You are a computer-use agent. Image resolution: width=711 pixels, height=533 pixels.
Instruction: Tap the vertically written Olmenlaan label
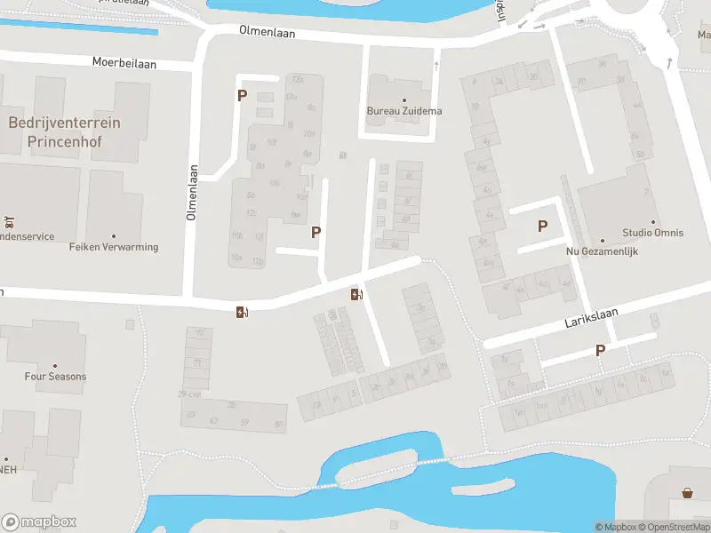pos(190,193)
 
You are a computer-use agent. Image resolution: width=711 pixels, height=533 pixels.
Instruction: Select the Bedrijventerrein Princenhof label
pos(64,131)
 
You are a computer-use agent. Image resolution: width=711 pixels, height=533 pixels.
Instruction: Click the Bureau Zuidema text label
pos(404,111)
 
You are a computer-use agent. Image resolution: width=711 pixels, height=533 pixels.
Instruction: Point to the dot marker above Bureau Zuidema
pos(404,100)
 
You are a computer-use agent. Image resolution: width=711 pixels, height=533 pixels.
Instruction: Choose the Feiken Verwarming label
pos(114,247)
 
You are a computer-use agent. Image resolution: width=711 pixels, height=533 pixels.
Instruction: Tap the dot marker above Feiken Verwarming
pos(114,236)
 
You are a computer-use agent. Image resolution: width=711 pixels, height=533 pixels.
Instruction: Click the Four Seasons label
pos(55,377)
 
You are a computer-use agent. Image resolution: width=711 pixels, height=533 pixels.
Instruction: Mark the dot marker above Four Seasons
pos(55,366)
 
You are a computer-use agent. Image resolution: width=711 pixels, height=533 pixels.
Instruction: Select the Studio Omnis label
pos(653,233)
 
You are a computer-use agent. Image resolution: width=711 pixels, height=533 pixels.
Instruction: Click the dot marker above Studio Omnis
pos(653,222)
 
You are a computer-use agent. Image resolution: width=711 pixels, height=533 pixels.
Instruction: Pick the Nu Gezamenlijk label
pos(603,251)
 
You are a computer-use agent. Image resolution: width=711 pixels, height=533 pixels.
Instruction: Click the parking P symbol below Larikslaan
pos(600,351)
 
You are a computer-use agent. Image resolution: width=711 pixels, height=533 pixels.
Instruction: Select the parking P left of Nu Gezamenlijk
pos(542,227)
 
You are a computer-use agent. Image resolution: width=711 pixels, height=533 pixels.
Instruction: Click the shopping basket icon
pos(687,492)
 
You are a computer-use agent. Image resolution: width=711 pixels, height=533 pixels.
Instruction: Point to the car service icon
pos(7,221)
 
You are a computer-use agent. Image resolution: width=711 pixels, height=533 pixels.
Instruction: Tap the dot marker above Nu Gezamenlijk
pos(603,240)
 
